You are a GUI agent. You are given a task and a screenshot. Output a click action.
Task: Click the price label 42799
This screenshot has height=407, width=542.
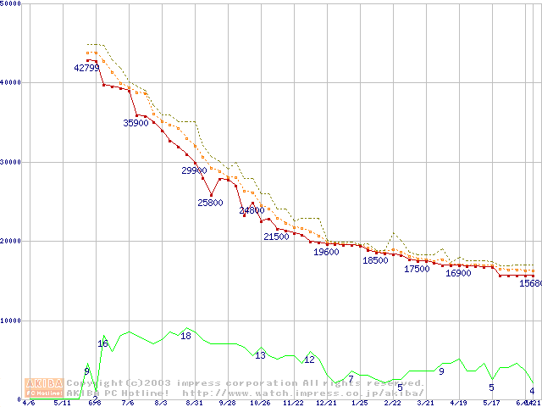click(x=87, y=68)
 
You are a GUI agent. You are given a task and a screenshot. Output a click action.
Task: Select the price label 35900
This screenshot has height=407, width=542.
click(x=136, y=123)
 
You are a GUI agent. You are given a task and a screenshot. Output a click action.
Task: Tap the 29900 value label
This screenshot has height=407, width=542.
click(x=195, y=170)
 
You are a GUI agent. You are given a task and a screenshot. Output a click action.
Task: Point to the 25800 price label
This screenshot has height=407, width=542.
click(x=210, y=203)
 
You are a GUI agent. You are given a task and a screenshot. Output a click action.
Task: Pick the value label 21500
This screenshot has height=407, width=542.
click(x=276, y=237)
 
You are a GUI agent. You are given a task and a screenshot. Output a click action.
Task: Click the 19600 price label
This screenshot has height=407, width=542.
click(x=326, y=252)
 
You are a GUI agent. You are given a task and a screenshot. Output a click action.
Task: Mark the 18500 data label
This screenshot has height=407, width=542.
click(x=375, y=260)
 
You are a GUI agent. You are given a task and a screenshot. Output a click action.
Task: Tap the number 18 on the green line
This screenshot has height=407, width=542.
click(x=185, y=336)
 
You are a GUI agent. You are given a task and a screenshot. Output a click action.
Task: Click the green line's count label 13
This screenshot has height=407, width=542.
click(x=260, y=355)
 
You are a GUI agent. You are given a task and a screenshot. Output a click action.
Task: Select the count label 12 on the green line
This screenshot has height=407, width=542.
click(x=309, y=360)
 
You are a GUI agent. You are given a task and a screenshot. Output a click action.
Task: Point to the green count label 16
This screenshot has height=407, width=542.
click(x=102, y=343)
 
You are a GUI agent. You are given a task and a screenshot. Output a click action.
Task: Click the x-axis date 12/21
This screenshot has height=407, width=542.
click(x=326, y=403)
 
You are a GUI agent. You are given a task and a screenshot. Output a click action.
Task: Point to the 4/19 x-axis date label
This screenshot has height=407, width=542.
click(x=458, y=403)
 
